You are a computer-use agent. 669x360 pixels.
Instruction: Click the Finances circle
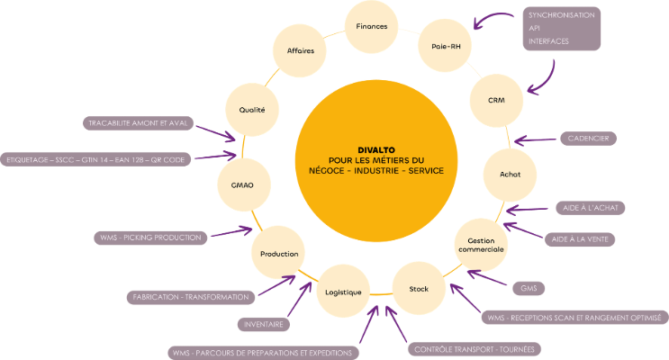pos(371,27)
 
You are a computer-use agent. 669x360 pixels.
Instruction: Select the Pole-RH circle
pos(446,46)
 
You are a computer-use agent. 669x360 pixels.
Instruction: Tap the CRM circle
pos(495,100)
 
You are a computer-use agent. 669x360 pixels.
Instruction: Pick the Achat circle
pos(510,174)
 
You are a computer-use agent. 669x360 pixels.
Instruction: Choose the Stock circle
pos(419,288)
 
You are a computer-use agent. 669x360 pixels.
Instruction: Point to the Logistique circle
pos(342,292)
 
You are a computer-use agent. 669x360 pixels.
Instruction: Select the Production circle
pos(279,255)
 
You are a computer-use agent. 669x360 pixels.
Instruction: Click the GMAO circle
pos(242,185)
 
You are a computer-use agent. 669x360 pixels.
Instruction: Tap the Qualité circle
pos(252,110)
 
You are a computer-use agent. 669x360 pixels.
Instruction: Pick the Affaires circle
pos(301,51)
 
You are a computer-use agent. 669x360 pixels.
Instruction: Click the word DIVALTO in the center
pos(373,148)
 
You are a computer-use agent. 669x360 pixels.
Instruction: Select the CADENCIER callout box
pos(588,139)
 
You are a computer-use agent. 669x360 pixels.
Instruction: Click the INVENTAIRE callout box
pos(264,324)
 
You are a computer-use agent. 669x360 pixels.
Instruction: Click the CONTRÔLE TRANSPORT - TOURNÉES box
pos(473,349)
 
